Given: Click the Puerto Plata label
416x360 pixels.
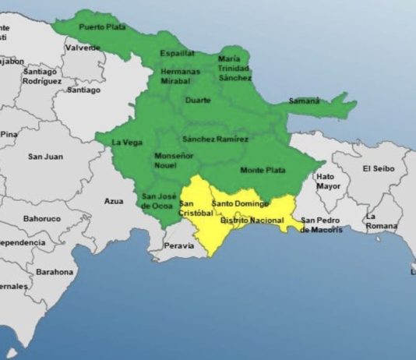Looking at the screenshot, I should click(100, 27).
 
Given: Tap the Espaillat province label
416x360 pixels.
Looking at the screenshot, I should click(178, 54).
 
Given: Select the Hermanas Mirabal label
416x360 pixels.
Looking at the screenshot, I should click(180, 76).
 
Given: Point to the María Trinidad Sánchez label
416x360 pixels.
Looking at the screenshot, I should click(234, 68).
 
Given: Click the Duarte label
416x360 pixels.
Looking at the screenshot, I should click(199, 101).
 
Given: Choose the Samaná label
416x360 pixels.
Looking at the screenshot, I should click(305, 101).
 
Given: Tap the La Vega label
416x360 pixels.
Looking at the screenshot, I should click(126, 143).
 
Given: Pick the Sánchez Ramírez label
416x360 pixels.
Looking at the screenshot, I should click(215, 139).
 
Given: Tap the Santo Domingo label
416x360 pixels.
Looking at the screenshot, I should click(241, 203).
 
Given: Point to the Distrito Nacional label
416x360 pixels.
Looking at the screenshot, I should click(252, 221).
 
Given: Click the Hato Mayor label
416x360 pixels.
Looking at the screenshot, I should click(328, 182).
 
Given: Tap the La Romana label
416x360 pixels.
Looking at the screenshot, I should click(383, 221).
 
